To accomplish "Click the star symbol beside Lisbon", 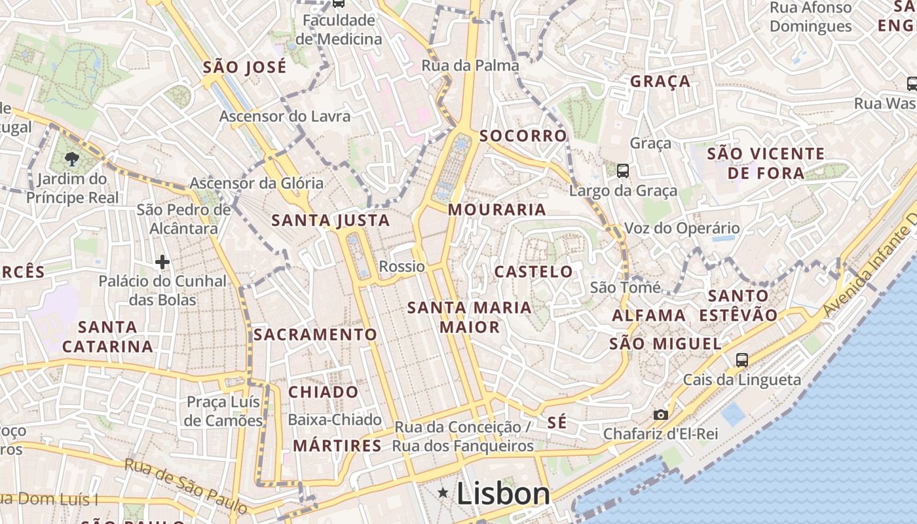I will tap(443, 493).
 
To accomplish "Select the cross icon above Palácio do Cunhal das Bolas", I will tap(162, 263).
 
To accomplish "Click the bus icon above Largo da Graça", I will tap(623, 171).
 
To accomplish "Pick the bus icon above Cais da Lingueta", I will tap(741, 360).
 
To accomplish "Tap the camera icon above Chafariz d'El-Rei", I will tap(660, 415).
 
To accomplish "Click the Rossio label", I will tap(402, 267).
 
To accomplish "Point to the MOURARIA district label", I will tap(497, 210).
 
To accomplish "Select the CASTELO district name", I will tap(533, 271).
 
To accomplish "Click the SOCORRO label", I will tap(523, 136).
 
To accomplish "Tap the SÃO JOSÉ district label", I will tap(245, 67).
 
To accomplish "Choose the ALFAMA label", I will tap(648, 315).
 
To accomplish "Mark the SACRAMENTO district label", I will tap(316, 335).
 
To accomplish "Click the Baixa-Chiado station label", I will tap(335, 420).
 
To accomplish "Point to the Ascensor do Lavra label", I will tap(285, 117).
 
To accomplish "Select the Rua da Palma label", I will tap(470, 65).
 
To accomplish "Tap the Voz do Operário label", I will tap(682, 229).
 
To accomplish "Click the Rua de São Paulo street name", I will tap(186, 485).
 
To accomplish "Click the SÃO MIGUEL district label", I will tap(665, 344).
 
